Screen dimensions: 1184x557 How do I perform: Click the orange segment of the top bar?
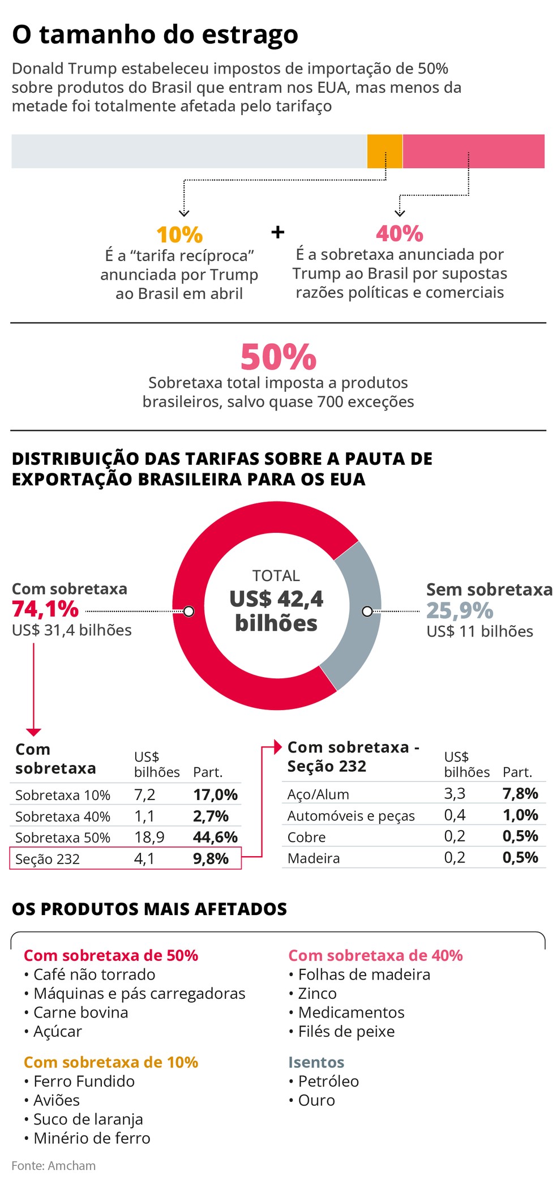point(384,151)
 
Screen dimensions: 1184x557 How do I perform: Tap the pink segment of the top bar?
point(473,151)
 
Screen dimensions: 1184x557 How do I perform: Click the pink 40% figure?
point(400,233)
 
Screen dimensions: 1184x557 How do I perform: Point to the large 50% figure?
point(278,357)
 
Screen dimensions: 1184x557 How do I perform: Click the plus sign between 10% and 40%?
point(277,232)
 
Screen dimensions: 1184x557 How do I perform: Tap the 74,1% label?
point(45,609)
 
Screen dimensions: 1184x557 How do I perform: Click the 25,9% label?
point(460,610)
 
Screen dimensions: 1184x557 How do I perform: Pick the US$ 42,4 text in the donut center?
point(276,599)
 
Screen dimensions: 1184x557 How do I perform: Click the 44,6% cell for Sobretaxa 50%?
point(215,837)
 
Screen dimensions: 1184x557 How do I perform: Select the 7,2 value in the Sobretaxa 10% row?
point(144,795)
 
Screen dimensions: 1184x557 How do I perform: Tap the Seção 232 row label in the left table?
point(48,859)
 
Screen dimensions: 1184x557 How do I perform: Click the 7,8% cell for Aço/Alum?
point(520,794)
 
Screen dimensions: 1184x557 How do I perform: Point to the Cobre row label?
point(306,837)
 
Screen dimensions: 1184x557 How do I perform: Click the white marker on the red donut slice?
point(189,612)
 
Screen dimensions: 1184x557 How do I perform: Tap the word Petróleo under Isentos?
point(328,1082)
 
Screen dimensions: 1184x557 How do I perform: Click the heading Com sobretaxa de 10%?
point(111,1062)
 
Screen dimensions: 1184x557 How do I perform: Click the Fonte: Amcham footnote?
point(54,1166)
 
